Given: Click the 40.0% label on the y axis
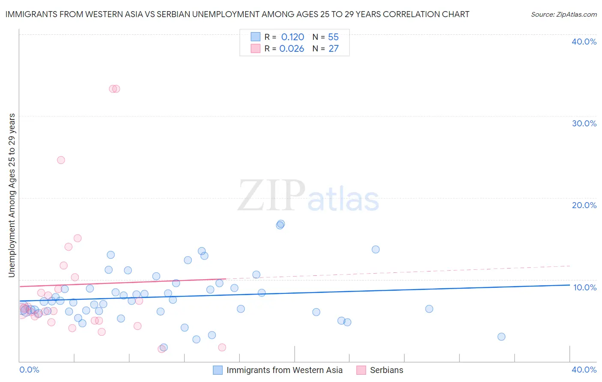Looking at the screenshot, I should [x=584, y=42].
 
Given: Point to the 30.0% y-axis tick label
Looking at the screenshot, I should [x=584, y=123].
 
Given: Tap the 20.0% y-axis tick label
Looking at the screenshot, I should [x=584, y=205].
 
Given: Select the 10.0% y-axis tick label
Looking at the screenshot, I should [x=585, y=287].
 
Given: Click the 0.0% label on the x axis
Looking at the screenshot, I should [x=29, y=370].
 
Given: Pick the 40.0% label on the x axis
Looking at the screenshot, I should [x=584, y=370].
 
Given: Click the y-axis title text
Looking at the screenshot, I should [x=12, y=195].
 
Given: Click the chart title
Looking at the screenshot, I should [x=237, y=14].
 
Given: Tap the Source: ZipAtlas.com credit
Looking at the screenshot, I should [x=563, y=14].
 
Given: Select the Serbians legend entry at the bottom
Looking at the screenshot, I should [x=386, y=370].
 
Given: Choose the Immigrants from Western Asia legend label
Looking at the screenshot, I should [x=284, y=370].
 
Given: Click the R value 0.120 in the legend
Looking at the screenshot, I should [x=292, y=37].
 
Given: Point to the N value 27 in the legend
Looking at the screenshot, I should [x=334, y=49].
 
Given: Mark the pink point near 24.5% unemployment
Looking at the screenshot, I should [x=61, y=160].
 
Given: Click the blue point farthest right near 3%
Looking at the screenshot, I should [x=501, y=337].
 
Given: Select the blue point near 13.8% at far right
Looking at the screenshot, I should [x=376, y=249].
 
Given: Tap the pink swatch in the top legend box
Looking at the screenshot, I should [x=256, y=48].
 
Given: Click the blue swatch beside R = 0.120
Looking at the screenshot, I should [x=256, y=37].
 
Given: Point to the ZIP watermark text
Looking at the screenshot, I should [x=271, y=196].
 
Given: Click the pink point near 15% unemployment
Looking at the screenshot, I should [x=77, y=238].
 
